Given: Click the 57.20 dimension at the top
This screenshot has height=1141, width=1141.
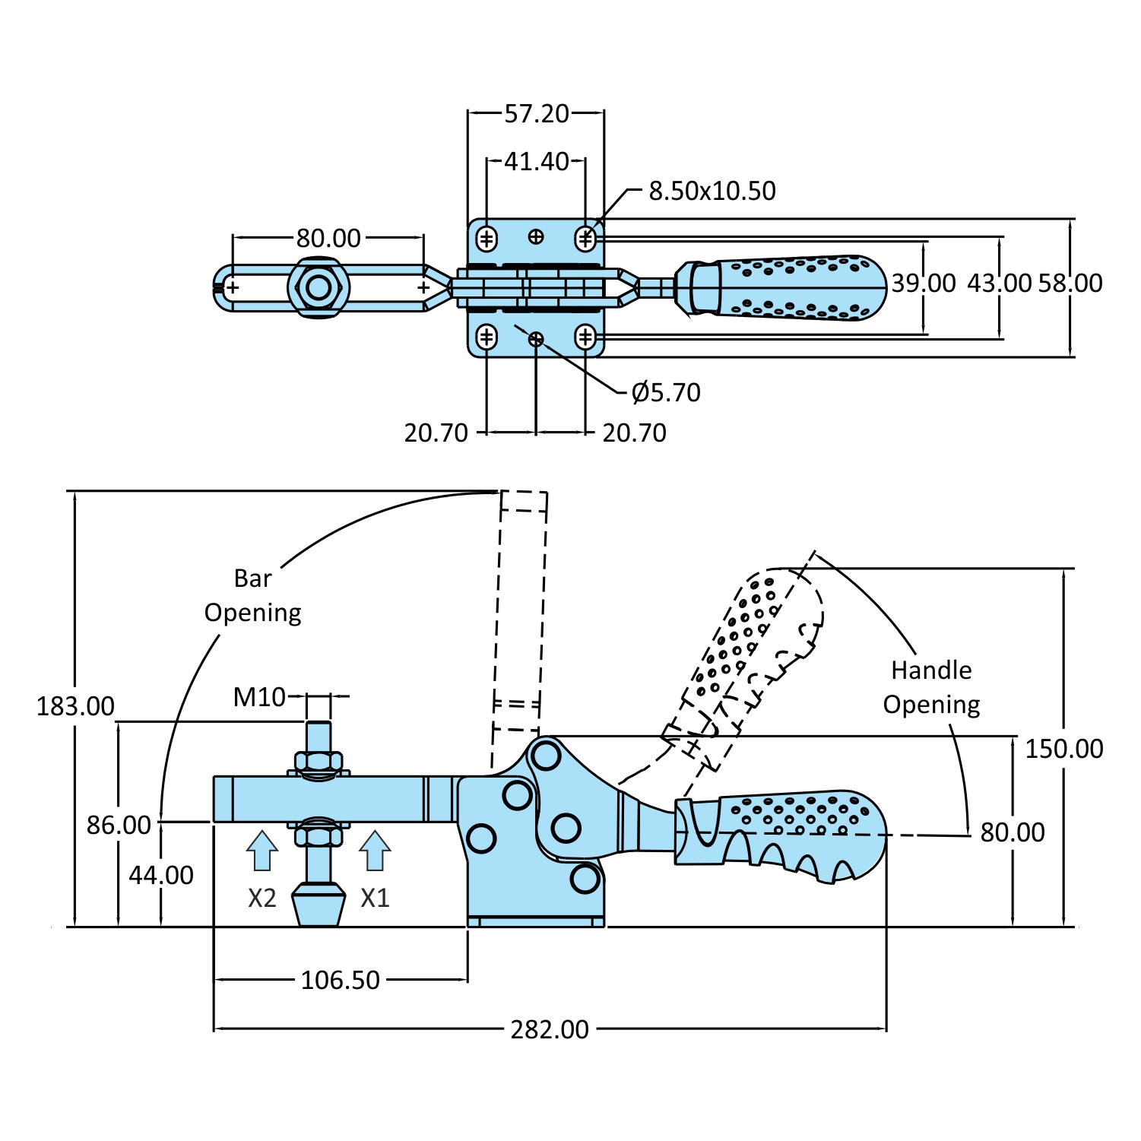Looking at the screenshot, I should pos(537,114).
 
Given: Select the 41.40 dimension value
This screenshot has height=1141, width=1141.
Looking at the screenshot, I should pos(537,162).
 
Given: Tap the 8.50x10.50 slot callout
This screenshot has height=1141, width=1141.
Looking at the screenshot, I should pos(712,191).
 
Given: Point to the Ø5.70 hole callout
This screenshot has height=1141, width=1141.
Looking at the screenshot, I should pos(666,393).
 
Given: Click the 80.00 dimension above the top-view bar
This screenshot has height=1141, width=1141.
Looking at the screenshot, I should pos(328,239).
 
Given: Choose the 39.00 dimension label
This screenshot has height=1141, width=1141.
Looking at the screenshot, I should pos(924,284).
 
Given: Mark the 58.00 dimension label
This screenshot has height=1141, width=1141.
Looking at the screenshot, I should pos(1070,284).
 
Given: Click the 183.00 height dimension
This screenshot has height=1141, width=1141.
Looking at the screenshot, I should pos(75,707).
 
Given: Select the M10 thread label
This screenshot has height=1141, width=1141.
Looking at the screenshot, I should pos(259,697).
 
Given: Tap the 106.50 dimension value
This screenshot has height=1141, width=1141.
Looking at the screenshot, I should pos(340,981).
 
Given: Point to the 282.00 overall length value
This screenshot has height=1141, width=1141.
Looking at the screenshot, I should pos(550,1030).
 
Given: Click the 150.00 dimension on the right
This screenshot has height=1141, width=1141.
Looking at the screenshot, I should pos(1064,750).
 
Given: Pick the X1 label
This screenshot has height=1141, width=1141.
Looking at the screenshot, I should pos(375,899).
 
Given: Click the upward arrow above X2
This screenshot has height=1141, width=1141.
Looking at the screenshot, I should pos(262,850).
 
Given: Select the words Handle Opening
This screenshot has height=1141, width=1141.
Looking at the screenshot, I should pos(931,688).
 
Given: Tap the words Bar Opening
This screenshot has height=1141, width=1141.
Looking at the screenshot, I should pos(253,596).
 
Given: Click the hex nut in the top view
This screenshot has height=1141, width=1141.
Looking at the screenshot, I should pos(319,288).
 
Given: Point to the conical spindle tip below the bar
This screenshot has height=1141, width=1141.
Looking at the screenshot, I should pos(319,904).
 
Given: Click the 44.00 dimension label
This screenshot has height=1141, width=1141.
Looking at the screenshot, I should pos(161,876).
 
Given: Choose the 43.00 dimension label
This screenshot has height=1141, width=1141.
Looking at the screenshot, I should pos(999,284).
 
